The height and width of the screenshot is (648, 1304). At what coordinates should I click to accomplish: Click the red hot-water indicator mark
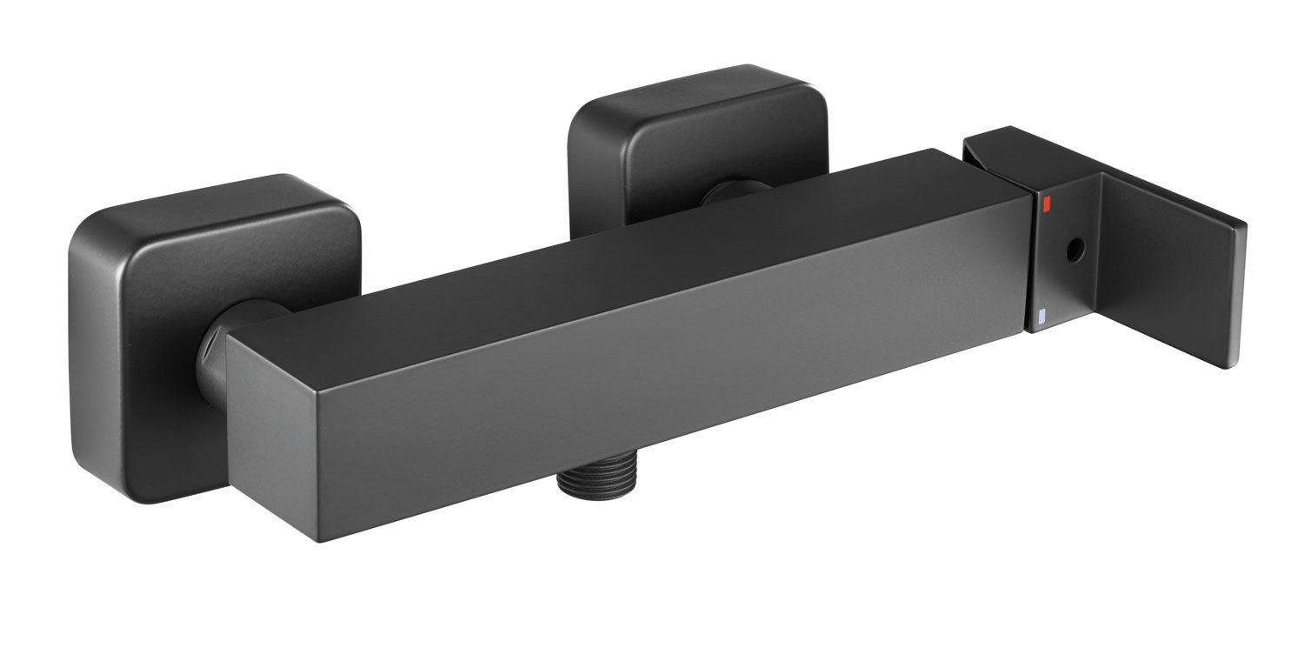(x=1046, y=204)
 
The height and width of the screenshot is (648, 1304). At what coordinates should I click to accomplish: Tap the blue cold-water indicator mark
(x=1043, y=317)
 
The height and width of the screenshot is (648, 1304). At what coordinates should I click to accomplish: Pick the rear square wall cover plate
(x=695, y=122)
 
